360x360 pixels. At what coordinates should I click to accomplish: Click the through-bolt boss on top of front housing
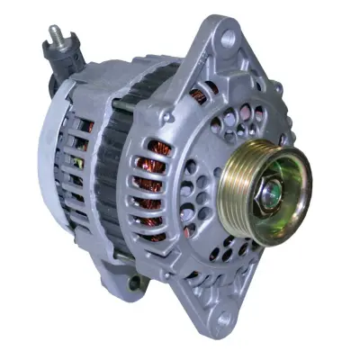pos(167,115)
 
